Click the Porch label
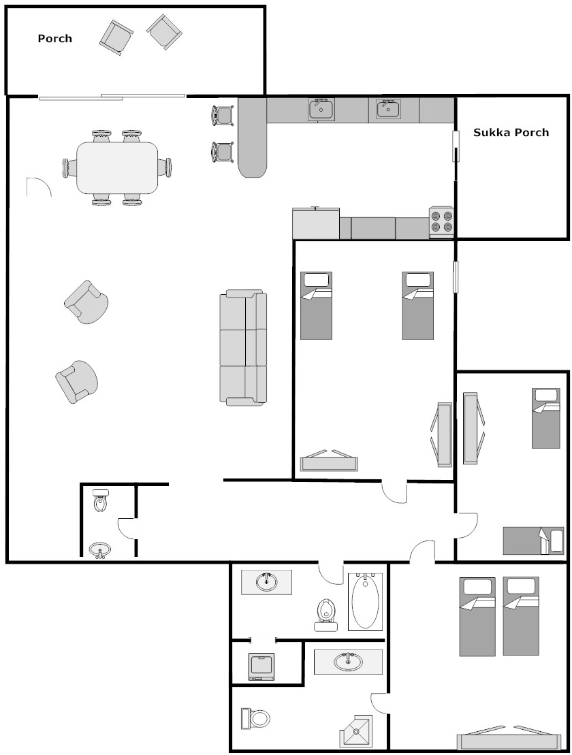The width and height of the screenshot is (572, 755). (55, 39)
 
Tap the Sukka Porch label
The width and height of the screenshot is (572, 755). (511, 132)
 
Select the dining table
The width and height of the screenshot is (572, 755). (118, 167)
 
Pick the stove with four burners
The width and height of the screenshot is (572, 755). (441, 221)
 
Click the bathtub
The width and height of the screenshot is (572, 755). (365, 602)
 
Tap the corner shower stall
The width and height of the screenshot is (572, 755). (356, 733)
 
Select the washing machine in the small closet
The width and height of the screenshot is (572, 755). (261, 666)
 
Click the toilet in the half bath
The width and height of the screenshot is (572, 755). (101, 500)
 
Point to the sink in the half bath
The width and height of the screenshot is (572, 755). (100, 550)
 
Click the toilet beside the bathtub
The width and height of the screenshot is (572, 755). (326, 615)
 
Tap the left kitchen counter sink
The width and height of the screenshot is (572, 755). (321, 110)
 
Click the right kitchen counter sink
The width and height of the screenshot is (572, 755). (387, 109)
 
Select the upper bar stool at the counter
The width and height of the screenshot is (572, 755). (223, 116)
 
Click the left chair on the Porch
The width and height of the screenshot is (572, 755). (116, 37)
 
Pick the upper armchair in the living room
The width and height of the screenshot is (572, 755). (86, 302)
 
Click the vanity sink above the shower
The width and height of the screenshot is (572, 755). (349, 662)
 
